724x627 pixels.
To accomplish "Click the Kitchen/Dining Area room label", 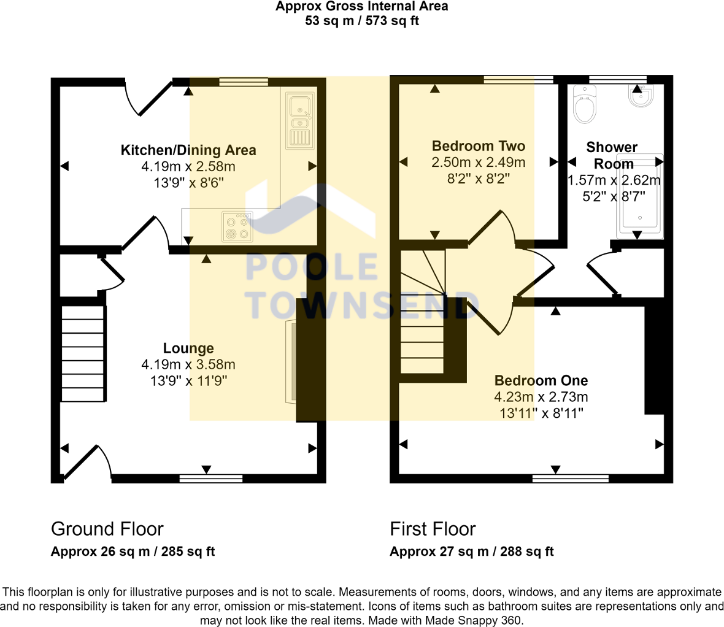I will click(188, 150).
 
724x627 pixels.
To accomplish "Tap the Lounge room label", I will click(188, 348).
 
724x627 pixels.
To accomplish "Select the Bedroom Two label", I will click(479, 146).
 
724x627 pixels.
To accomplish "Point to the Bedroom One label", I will click(541, 380).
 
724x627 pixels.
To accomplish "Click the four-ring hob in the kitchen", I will click(237, 226).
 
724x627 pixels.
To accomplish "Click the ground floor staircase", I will click(82, 353).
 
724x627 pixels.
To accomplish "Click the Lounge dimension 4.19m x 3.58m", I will click(188, 364).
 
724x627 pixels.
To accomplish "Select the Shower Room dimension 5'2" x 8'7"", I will click(614, 197).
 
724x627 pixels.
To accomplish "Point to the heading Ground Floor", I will click(107, 529).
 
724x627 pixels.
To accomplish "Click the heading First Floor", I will click(433, 529).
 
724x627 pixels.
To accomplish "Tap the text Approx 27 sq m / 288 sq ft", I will click(471, 552).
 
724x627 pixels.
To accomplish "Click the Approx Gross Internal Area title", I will click(362, 7).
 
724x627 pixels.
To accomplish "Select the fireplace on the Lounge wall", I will click(291, 362).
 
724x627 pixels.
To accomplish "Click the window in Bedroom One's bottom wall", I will click(571, 479).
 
